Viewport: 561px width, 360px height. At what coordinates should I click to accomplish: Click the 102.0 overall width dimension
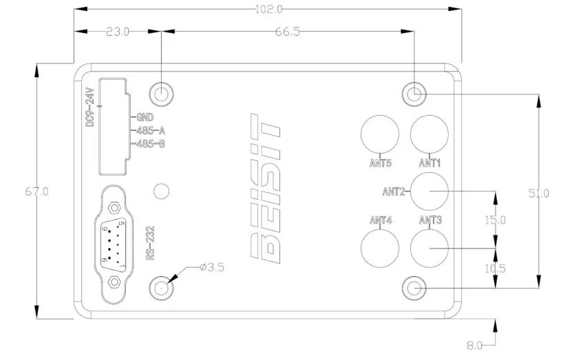coord(270,9)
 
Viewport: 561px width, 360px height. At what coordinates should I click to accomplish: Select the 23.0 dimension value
coord(117,32)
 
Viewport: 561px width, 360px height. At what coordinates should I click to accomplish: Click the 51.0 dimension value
coord(539,193)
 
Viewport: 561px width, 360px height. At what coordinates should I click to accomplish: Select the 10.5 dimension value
coord(495,268)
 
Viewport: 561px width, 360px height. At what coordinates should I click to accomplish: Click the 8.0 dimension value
coord(475,344)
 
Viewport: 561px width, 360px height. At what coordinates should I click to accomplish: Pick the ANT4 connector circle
coord(381,246)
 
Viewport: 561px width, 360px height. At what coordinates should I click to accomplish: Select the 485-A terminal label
coord(151,131)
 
